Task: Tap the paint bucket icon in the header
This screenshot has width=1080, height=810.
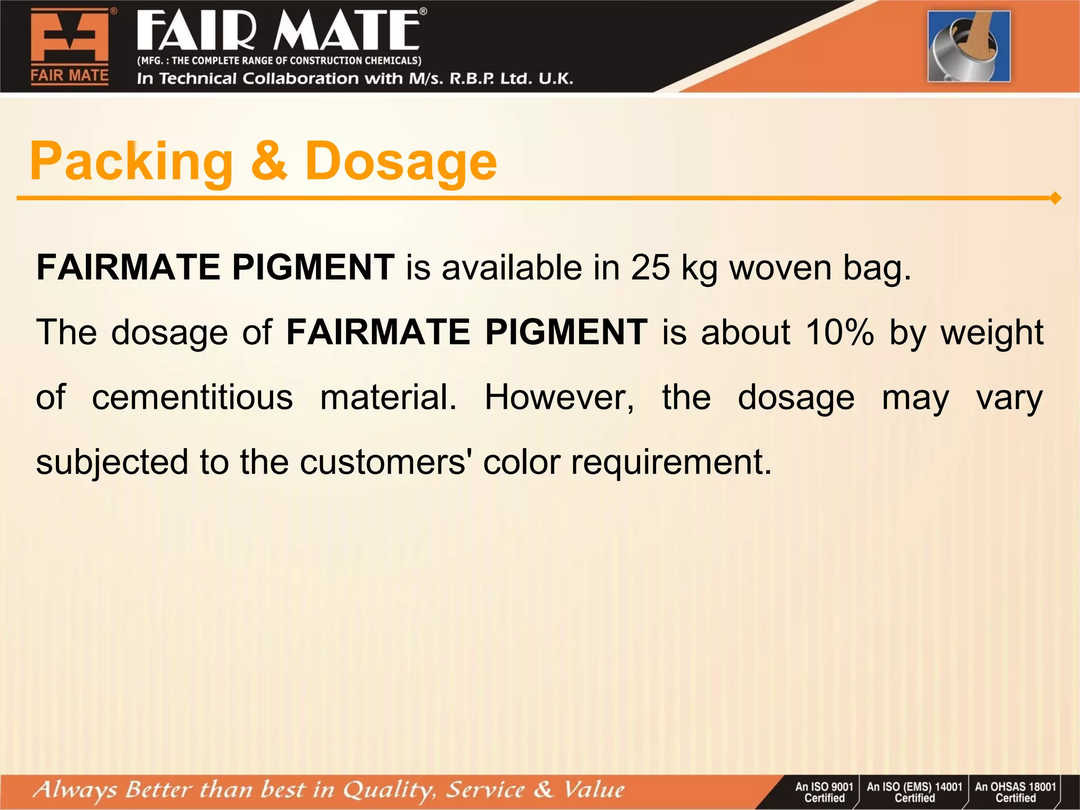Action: click(969, 46)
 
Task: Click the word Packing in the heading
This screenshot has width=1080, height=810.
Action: click(131, 162)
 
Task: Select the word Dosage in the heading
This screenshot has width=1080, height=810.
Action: click(401, 162)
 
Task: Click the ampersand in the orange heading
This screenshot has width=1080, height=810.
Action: click(269, 161)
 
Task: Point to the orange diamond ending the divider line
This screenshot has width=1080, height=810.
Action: click(1055, 198)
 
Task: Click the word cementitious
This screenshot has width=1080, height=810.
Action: click(192, 397)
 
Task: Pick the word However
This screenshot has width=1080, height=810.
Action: click(559, 397)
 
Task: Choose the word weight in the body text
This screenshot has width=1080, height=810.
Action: click(992, 333)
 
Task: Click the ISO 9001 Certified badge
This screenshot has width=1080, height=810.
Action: click(824, 792)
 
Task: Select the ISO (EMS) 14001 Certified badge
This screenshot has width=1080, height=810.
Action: click(914, 792)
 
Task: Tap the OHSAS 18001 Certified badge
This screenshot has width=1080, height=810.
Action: click(1015, 792)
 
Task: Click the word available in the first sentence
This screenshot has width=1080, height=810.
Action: click(511, 267)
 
